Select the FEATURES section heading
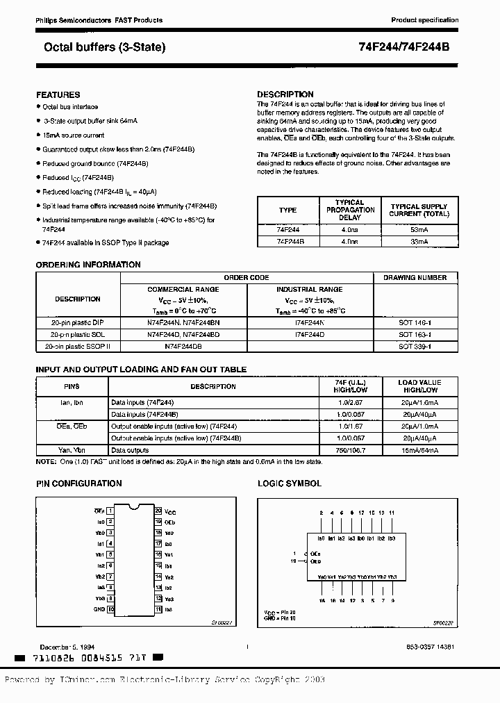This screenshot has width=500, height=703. pos(58,94)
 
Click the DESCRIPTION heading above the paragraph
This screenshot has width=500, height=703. pos(285,94)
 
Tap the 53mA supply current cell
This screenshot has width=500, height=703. pos(419,229)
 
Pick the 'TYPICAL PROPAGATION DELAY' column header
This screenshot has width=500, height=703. pos(350,210)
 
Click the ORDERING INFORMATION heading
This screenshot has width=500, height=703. pos(87,265)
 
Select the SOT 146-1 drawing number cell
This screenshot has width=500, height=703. pos(415,323)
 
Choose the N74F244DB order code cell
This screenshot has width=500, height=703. pos(183,345)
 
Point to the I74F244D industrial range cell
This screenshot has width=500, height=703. pos(309,334)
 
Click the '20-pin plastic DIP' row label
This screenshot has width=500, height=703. pos(78,323)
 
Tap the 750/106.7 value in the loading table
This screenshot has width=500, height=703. pos(350,450)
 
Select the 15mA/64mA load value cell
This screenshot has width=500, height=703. pos(419,450)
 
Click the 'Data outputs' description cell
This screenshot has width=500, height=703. pos(130,450)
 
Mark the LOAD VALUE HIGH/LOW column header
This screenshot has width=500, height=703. pos(419,386)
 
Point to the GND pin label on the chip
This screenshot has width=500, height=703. pos(99,610)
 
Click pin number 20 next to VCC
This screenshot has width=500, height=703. pos(158,511)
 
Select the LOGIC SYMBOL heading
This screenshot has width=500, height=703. pos(290,483)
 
